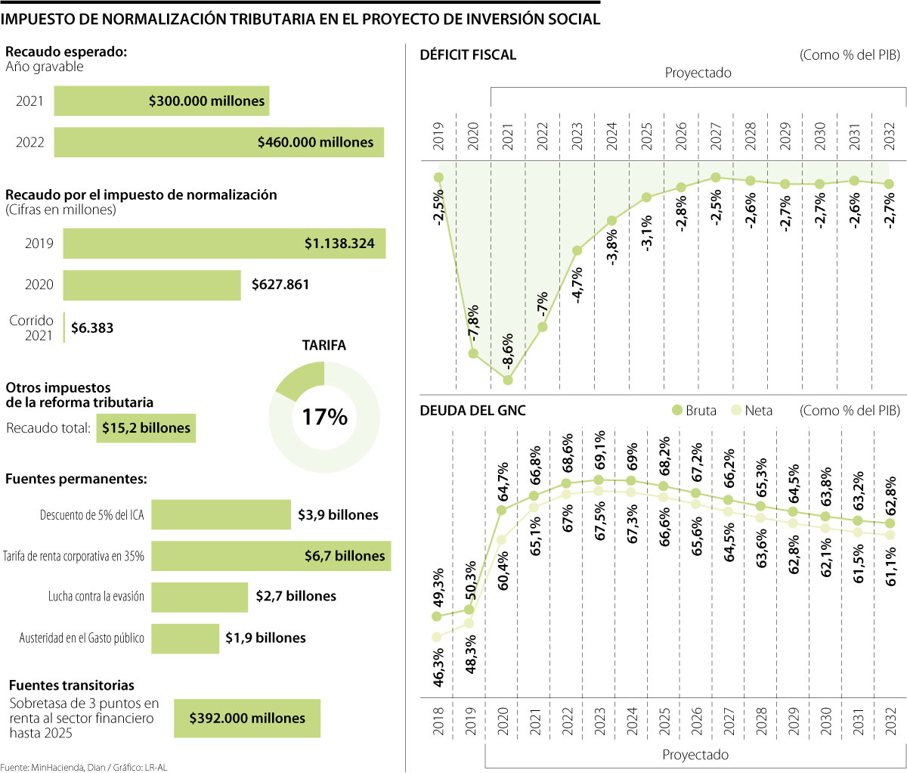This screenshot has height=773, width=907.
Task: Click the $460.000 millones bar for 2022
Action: (218, 142)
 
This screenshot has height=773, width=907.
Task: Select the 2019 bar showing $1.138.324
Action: (224, 244)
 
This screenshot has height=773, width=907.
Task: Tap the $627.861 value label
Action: (280, 285)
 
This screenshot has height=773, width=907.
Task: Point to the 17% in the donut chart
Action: (324, 417)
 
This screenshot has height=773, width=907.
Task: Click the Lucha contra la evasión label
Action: (96, 597)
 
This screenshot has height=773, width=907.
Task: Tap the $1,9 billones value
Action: (265, 638)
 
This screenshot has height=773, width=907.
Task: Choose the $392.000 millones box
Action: (247, 718)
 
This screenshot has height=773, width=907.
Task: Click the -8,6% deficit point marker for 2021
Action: (508, 380)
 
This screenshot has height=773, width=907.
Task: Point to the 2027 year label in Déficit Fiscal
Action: (716, 136)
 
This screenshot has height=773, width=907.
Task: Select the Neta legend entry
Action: (752, 410)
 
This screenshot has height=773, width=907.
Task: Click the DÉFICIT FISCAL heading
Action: (468, 54)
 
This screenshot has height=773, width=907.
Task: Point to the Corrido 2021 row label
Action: (32, 328)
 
